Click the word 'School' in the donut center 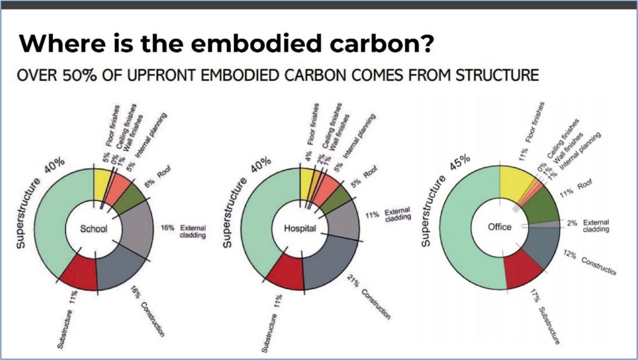tap(93, 229)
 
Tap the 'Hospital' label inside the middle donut tap(300, 228)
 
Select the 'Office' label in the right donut tap(500, 227)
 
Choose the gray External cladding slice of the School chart tap(135, 228)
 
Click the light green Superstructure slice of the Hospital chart tap(260, 220)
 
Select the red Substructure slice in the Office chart tap(523, 269)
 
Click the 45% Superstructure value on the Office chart tap(460, 163)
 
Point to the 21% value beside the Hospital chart tap(353, 281)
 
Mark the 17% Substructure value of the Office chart tap(535, 296)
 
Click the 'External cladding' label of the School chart tap(193, 232)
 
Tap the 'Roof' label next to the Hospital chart tap(370, 172)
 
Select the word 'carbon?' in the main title tap(382, 43)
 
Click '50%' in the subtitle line tap(79, 75)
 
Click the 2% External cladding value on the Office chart tap(572, 224)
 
